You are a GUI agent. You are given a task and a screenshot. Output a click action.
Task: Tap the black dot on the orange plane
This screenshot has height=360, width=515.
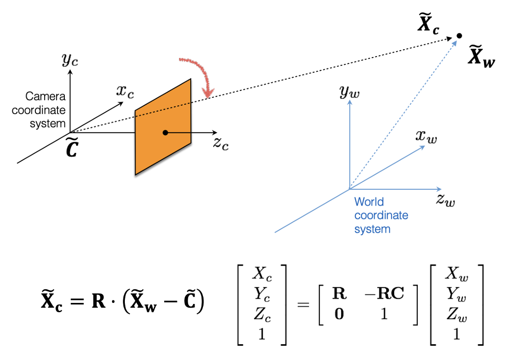click(165, 132)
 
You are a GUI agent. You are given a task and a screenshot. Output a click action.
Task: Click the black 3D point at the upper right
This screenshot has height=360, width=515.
click(459, 36)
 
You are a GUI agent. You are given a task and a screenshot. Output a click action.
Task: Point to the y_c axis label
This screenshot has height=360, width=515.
click(70, 60)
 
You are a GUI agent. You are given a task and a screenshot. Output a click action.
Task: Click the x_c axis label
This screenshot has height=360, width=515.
click(125, 91)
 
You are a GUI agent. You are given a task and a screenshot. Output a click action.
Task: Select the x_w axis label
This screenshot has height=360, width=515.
click(426, 136)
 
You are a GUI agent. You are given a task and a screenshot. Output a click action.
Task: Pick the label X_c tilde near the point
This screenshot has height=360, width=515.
click(429, 25)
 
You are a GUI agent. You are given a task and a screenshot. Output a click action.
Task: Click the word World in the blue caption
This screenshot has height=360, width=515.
click(369, 202)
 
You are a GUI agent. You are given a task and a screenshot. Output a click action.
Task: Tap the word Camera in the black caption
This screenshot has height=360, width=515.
click(45, 96)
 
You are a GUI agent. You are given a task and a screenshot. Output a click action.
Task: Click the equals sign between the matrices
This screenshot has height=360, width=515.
click(303, 305)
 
